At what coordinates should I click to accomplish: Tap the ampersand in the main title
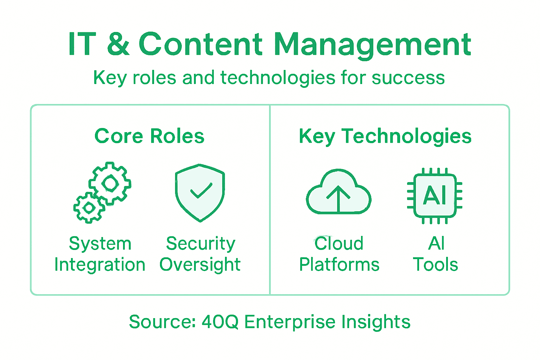[118, 44]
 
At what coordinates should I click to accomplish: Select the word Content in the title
[200, 44]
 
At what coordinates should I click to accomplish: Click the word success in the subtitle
[408, 78]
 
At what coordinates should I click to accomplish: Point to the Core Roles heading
[149, 136]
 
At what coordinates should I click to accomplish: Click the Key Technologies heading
[385, 136]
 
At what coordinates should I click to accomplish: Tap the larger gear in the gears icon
[110, 183]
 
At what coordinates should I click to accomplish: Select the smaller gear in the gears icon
[89, 208]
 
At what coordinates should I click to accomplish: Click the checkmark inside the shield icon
[201, 190]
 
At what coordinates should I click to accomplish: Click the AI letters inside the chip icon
[435, 195]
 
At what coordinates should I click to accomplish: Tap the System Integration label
[100, 254]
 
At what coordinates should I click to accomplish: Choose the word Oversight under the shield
[200, 265]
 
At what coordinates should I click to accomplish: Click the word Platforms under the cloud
[339, 265]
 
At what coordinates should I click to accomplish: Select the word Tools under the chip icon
[435, 265]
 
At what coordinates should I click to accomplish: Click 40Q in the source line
[220, 322]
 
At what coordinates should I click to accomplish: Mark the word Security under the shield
[200, 243]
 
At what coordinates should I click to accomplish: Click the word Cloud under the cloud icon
[339, 243]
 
